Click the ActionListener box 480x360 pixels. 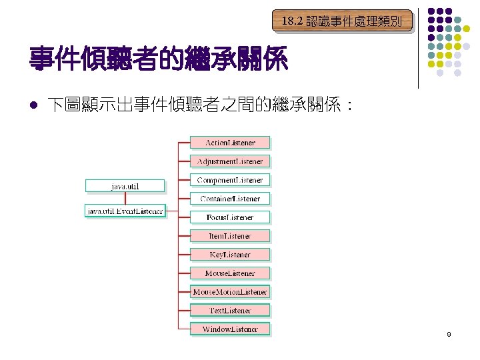(x=230, y=143)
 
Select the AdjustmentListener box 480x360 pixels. (x=230, y=161)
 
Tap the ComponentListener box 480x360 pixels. (x=230, y=180)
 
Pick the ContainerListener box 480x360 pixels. (x=230, y=199)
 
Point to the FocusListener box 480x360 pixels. (x=230, y=217)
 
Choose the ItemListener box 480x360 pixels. (x=230, y=236)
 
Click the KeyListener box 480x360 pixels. (x=230, y=255)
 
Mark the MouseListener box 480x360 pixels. (x=230, y=273)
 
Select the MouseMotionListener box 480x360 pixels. (x=230, y=292)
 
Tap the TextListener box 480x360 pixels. (x=230, y=311)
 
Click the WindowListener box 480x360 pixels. (x=230, y=329)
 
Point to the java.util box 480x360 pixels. (x=125, y=185)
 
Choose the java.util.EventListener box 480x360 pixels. (x=125, y=211)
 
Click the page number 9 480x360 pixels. (x=449, y=334)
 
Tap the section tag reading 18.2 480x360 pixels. (x=341, y=21)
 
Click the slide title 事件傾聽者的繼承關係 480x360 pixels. (x=158, y=61)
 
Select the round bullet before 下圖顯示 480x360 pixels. (x=33, y=105)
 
